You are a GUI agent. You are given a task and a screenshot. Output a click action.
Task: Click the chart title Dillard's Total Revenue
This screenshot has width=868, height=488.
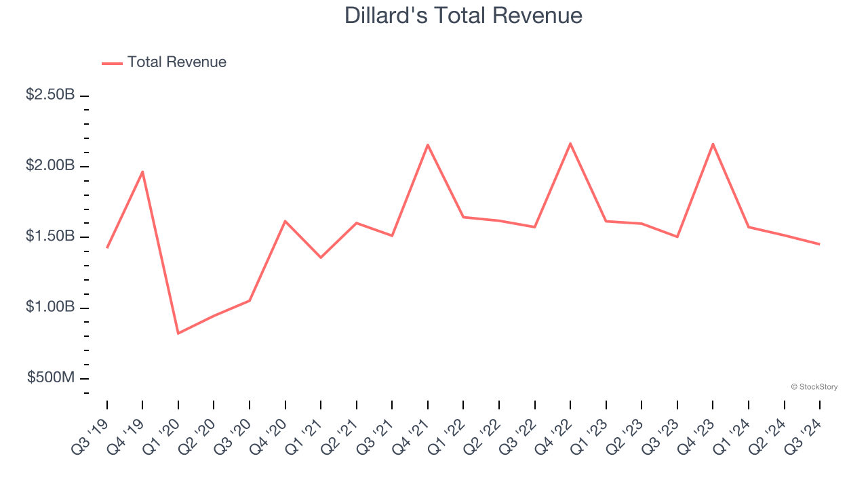(x=463, y=15)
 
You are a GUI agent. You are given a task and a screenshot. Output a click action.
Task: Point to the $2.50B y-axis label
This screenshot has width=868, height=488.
(x=50, y=95)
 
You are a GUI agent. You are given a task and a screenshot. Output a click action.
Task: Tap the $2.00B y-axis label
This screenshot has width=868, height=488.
(x=50, y=166)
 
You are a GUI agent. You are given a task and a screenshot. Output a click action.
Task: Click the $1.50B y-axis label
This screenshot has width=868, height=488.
(x=50, y=237)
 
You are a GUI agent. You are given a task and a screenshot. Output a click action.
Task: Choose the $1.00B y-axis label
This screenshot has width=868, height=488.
(x=50, y=307)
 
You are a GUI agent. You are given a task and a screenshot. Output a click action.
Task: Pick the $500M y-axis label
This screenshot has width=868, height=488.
(x=51, y=378)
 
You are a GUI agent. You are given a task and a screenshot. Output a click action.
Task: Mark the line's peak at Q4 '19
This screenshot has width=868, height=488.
(x=142, y=171)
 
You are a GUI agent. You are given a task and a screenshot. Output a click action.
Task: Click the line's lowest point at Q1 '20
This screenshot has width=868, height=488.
(x=178, y=333)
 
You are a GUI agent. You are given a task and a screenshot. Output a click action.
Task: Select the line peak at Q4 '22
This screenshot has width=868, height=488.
(x=570, y=143)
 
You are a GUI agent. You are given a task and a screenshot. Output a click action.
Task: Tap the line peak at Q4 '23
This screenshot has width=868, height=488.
(x=713, y=144)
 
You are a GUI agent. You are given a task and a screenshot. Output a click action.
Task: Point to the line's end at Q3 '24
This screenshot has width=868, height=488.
(x=819, y=244)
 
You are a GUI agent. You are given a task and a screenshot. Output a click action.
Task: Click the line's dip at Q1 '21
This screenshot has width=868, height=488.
(x=321, y=258)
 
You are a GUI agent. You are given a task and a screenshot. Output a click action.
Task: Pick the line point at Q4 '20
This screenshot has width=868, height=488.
(x=285, y=221)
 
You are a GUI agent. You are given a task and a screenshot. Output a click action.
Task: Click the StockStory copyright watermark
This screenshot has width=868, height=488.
(x=814, y=387)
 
